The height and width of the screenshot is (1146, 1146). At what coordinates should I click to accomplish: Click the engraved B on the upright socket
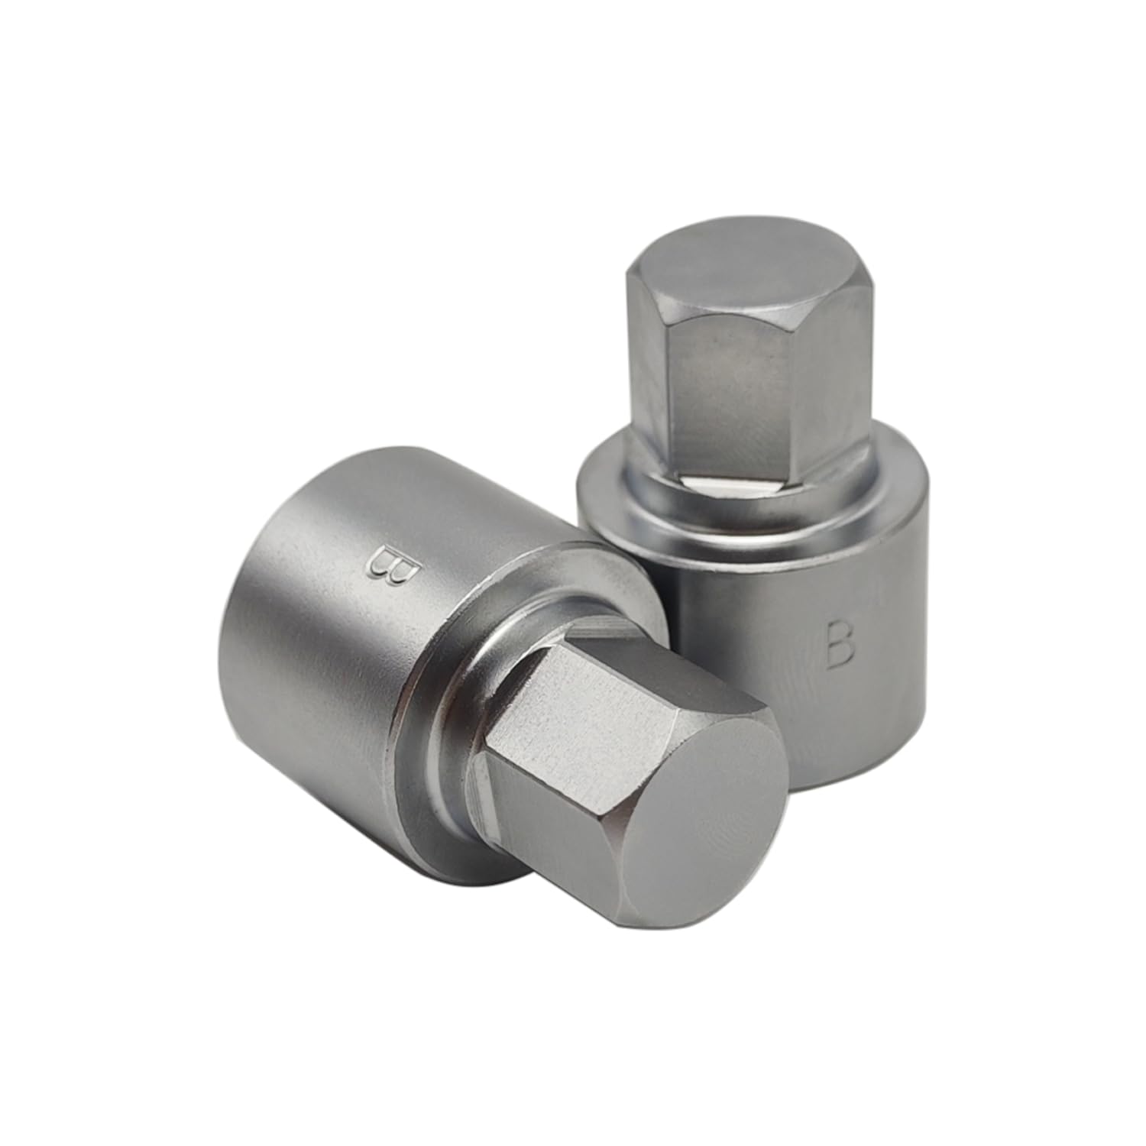pyautogui.click(x=840, y=643)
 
